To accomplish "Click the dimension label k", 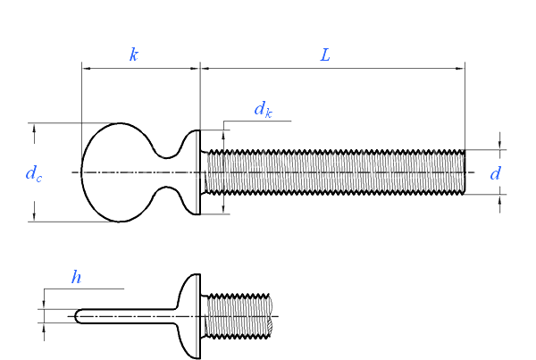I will click(134, 55).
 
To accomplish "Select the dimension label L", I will click(325, 55).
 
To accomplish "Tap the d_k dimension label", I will click(262, 111).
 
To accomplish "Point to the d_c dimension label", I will click(33, 173).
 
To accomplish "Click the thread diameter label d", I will click(495, 173).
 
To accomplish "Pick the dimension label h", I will click(76, 278).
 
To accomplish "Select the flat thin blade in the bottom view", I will click(125, 315).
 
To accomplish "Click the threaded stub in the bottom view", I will click(239, 315).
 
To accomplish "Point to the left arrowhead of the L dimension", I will click(205, 66).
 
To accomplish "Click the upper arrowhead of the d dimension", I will click(499, 144).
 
